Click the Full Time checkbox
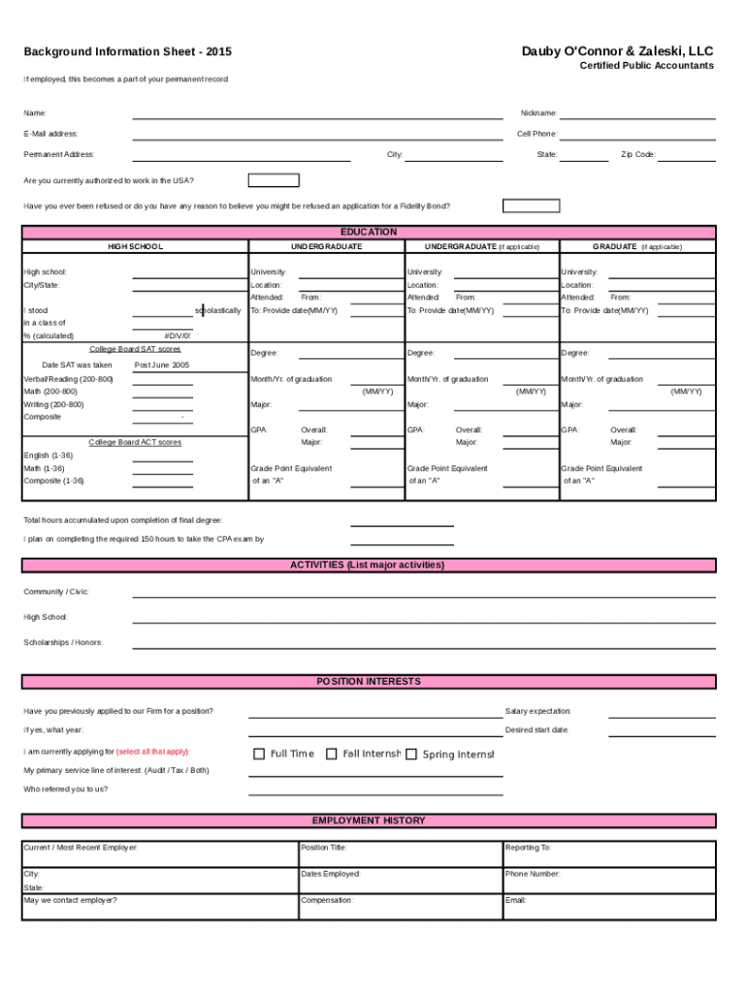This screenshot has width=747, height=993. click(x=259, y=753)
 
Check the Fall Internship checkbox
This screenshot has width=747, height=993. click(x=332, y=753)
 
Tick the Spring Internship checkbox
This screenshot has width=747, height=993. click(x=411, y=753)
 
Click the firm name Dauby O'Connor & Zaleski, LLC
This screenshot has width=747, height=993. click(x=617, y=50)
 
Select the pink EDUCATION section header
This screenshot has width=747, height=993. click(x=369, y=232)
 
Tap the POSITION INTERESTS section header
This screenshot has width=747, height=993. click(x=369, y=682)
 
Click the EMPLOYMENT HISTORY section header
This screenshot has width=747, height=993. click(x=369, y=820)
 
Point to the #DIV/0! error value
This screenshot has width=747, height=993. click(x=179, y=336)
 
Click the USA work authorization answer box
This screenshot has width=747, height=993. click(x=274, y=180)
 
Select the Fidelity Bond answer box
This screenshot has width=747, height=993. click(x=532, y=206)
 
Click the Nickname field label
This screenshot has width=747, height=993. click(x=538, y=113)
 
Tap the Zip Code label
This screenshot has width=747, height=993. click(x=638, y=154)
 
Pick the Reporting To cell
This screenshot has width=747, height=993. click(x=609, y=853)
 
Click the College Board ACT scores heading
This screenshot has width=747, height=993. click(x=135, y=442)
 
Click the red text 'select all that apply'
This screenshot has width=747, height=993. click(x=153, y=752)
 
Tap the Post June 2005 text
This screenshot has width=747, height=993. click(x=162, y=366)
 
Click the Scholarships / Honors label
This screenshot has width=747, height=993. click(x=63, y=643)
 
